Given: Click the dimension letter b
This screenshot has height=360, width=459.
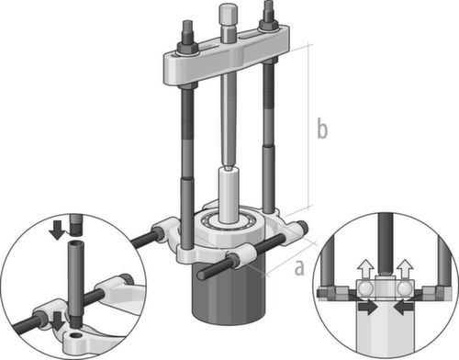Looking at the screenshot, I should click(x=321, y=128).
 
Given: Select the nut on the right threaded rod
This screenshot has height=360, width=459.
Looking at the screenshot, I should click(x=270, y=16).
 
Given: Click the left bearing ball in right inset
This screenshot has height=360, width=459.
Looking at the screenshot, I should click(x=367, y=289).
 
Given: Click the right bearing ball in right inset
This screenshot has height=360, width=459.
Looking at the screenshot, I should click(x=402, y=289).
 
